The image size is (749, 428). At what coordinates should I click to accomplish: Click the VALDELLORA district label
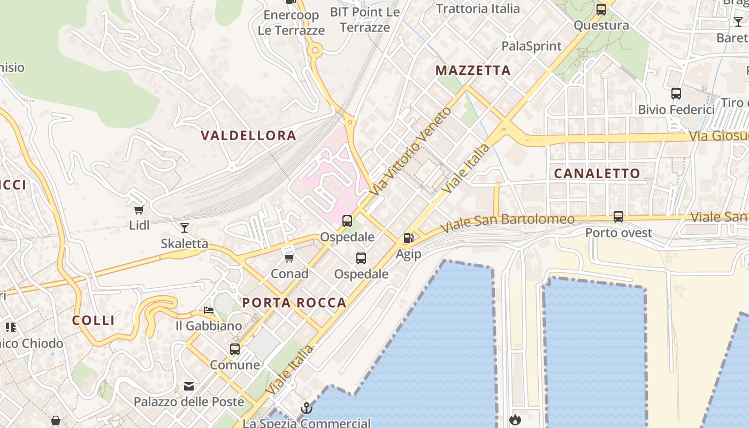(248, 135)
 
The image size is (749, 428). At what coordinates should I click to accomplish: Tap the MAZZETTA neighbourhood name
(473, 70)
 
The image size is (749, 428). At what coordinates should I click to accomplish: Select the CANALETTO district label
(597, 173)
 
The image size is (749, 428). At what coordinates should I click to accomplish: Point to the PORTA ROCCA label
(294, 303)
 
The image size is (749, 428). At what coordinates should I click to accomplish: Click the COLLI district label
(94, 320)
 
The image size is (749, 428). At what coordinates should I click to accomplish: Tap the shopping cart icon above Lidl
(139, 210)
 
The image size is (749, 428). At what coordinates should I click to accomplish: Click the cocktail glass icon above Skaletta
(185, 228)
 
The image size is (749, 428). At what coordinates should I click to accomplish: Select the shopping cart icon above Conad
(289, 258)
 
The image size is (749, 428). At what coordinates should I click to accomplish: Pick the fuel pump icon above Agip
(408, 238)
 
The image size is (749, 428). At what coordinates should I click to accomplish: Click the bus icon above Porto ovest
(618, 217)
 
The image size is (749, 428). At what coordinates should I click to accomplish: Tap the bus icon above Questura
(601, 10)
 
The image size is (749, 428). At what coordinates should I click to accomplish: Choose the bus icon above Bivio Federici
(676, 94)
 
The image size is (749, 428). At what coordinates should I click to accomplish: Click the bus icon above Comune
(234, 349)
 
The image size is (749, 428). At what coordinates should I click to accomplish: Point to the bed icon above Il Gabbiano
(208, 310)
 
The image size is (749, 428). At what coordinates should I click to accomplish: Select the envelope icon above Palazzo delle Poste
(188, 386)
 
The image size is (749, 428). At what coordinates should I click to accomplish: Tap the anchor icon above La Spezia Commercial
(306, 408)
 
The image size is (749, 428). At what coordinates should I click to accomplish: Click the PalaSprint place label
(531, 47)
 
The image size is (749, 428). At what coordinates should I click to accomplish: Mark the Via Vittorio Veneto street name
(410, 151)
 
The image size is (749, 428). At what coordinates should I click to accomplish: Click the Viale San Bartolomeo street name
(507, 224)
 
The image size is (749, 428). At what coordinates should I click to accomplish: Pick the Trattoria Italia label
(478, 9)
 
